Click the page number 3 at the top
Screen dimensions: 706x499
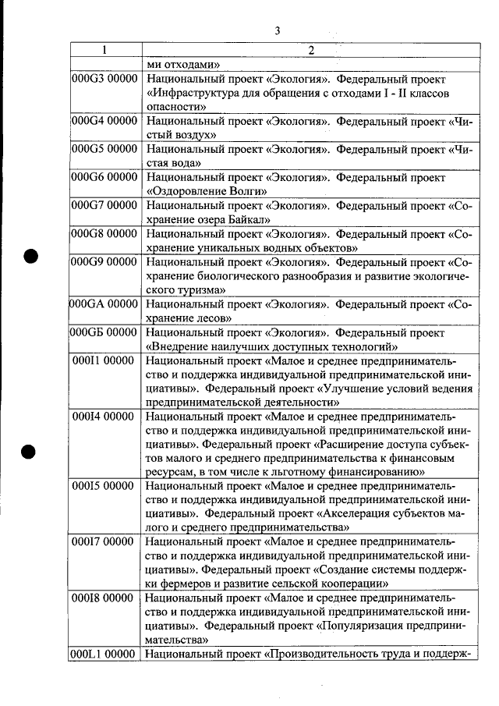coord(278,30)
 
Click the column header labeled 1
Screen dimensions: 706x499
coord(104,51)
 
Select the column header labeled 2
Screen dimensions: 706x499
coord(310,51)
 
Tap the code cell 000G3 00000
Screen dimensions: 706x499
coord(104,79)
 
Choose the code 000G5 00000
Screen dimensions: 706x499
coord(104,149)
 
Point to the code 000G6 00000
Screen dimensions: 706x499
coord(104,177)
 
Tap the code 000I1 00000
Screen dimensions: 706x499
coord(104,361)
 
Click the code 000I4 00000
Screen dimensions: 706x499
coord(104,417)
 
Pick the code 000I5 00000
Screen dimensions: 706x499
coord(104,487)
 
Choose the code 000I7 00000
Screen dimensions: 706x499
coord(104,542)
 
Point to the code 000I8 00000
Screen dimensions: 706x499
coord(104,598)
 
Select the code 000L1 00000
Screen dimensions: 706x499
coord(104,654)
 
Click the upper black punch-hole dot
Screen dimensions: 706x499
coord(30,257)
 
